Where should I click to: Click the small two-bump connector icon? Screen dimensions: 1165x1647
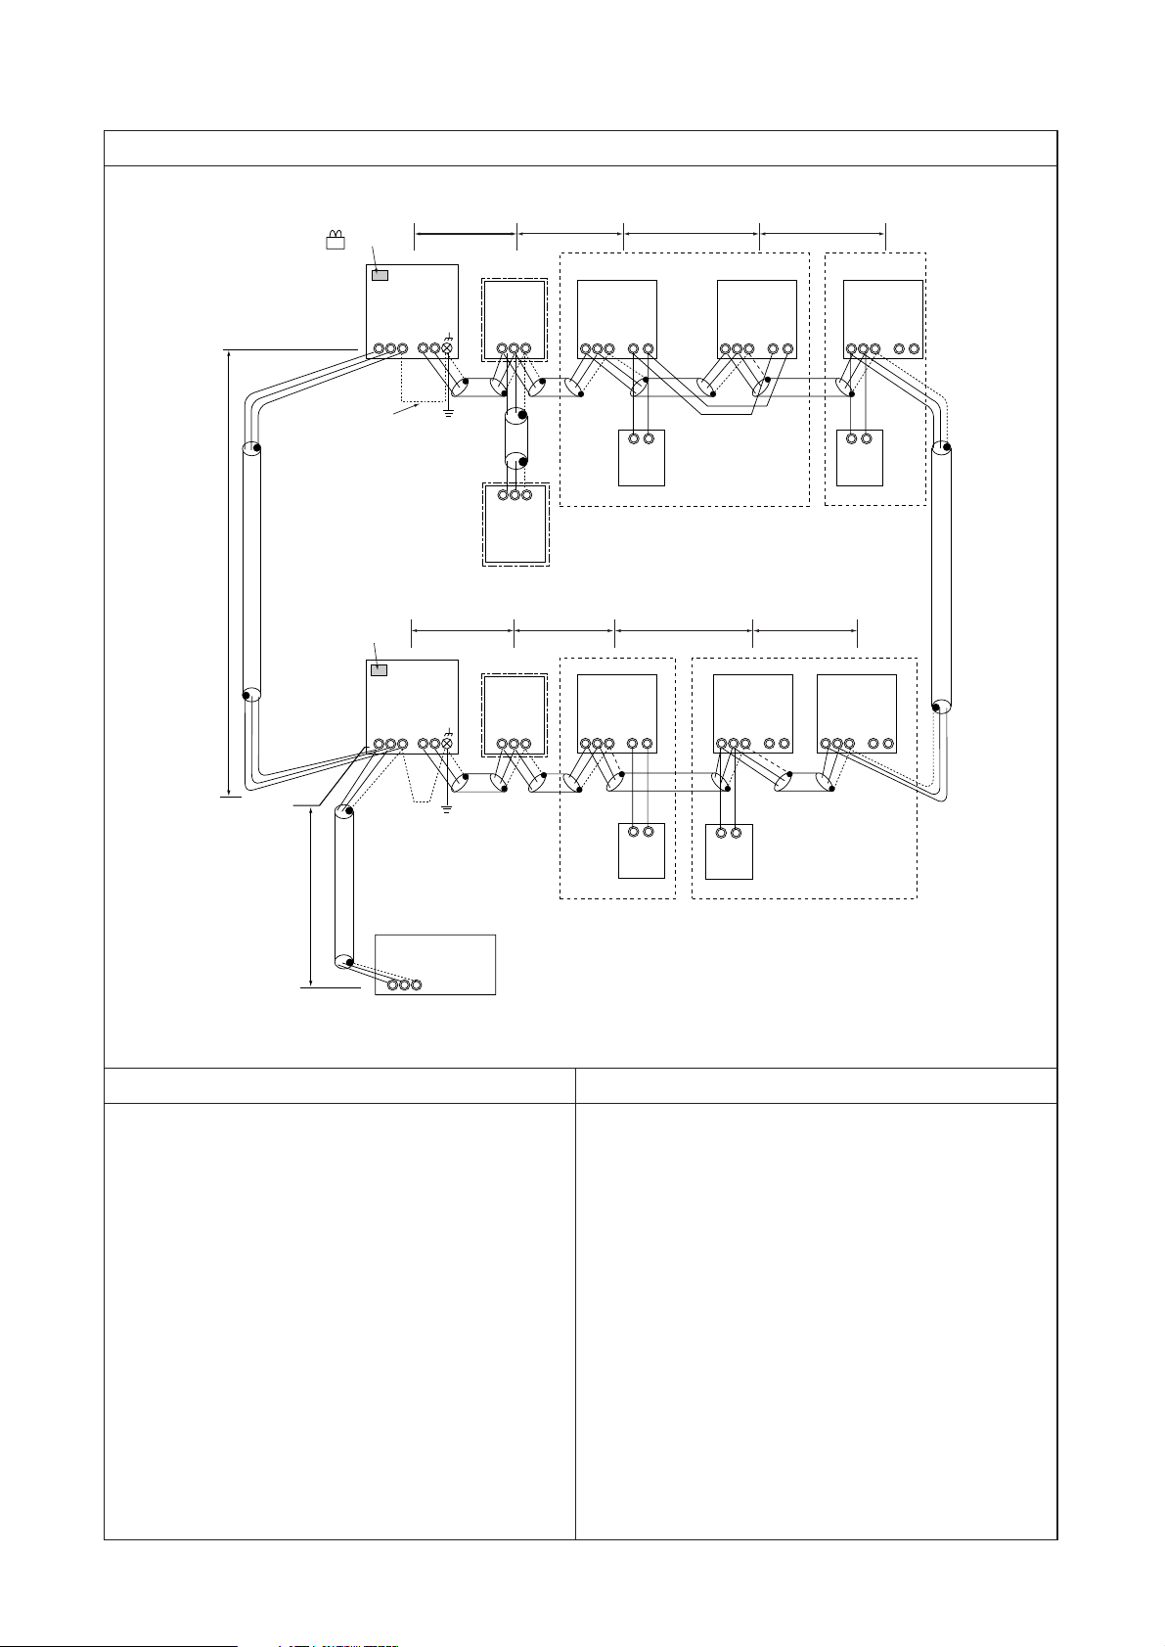[336, 241]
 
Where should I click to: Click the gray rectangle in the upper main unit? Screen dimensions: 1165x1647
[381, 275]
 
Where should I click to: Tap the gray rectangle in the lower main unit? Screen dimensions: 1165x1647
[381, 670]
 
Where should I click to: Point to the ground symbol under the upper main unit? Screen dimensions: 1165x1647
[448, 412]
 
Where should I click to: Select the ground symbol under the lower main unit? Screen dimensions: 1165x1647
[447, 808]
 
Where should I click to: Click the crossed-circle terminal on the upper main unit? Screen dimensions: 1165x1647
[448, 347]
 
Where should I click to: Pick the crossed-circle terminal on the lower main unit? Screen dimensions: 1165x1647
[447, 744]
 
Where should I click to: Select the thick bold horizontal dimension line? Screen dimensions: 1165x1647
[466, 234]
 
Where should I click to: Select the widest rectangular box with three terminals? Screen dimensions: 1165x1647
[435, 964]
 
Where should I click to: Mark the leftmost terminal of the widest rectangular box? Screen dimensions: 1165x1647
[391, 984]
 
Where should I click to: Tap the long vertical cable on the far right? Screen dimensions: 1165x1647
[941, 576]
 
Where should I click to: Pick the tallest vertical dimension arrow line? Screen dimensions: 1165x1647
[228, 572]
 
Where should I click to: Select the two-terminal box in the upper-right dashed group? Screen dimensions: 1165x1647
[860, 457]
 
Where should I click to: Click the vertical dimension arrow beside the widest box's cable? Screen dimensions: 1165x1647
[311, 896]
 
